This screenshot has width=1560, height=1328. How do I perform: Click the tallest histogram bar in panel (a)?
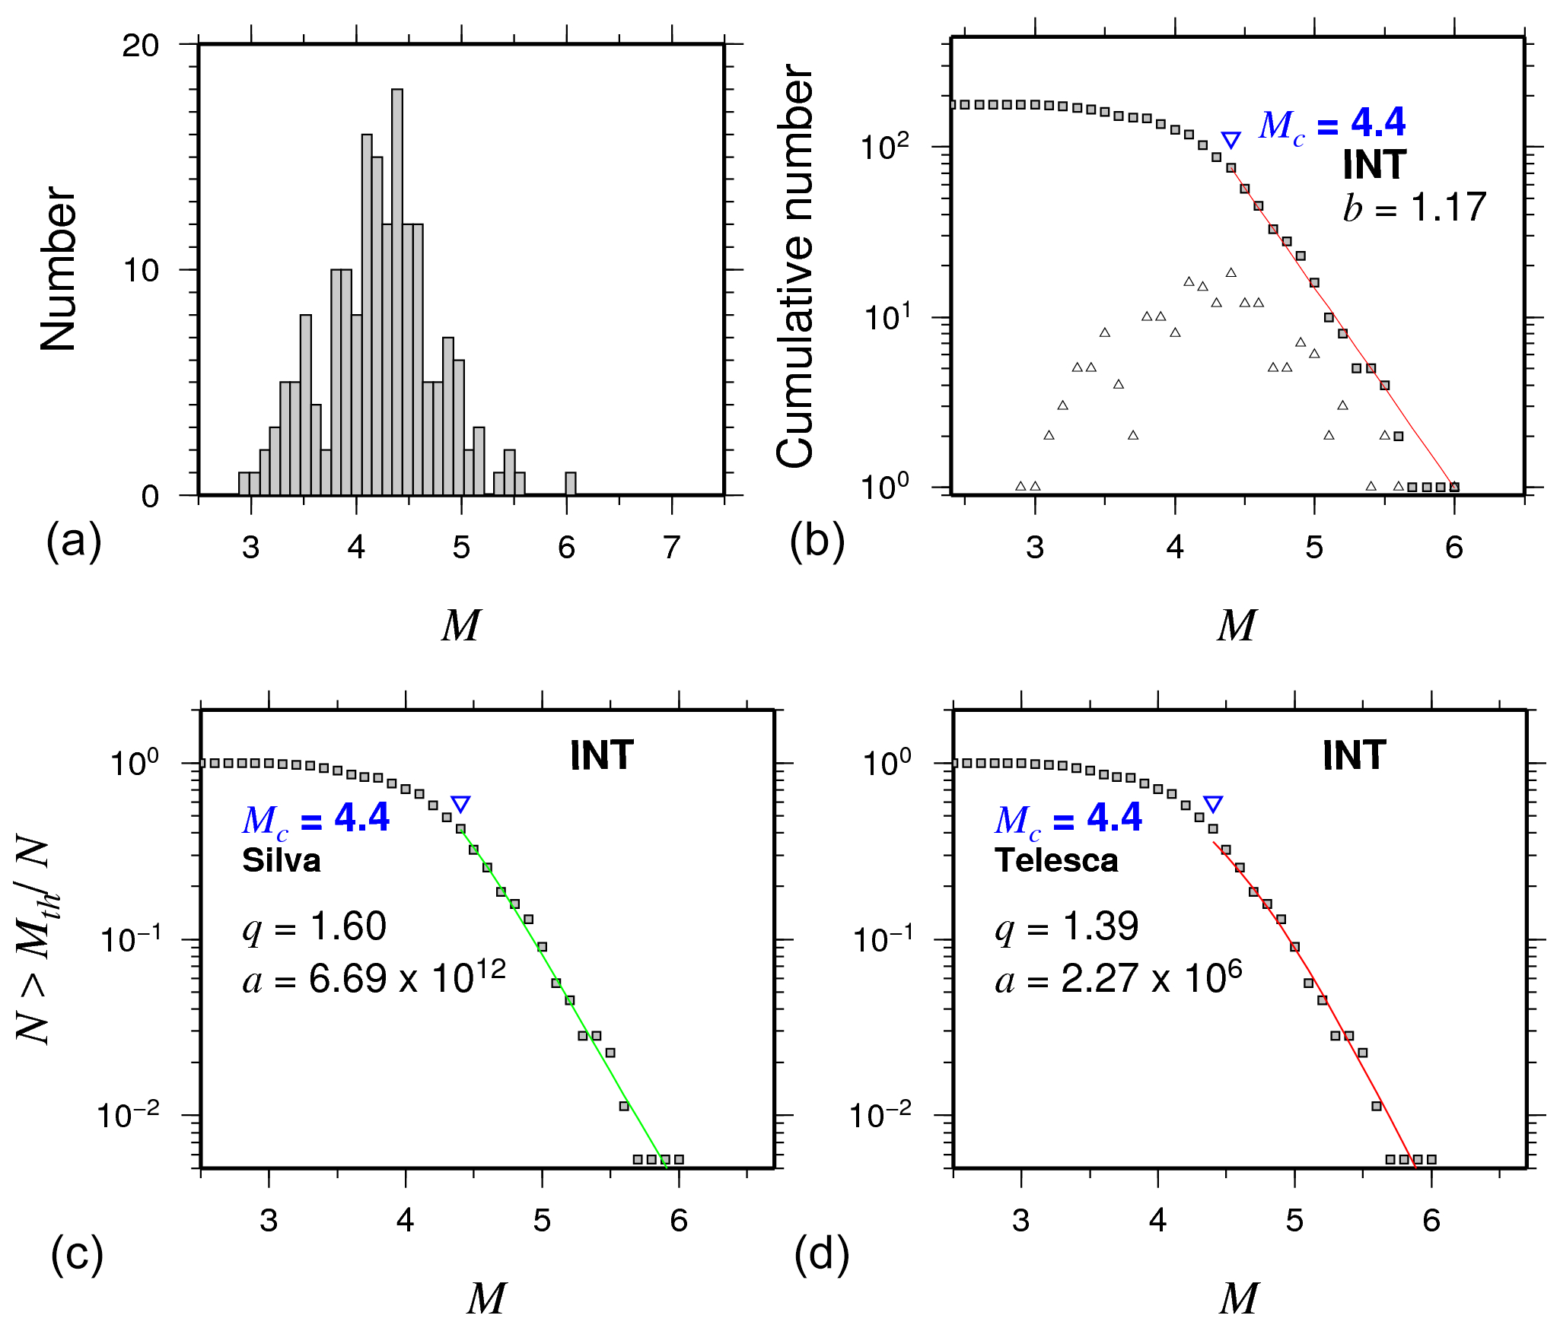397,292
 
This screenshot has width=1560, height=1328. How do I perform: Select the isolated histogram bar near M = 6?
571,484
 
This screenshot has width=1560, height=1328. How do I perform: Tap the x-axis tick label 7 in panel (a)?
670,548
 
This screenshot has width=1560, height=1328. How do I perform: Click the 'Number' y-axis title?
59,269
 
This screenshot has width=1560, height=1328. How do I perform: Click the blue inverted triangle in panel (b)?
1230,140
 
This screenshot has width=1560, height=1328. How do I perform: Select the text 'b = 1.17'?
1414,208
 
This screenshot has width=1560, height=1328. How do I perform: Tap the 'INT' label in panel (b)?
1374,165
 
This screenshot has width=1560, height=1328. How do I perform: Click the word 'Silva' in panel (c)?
282,860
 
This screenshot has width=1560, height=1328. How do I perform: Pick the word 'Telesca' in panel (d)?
1056,860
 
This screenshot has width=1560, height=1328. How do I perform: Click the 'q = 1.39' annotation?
1066,927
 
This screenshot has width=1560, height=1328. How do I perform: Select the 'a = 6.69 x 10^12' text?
374,978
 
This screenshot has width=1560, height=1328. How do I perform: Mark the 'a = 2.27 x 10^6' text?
1118,978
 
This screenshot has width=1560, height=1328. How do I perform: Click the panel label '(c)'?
77,1254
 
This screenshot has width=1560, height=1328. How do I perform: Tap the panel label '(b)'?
817,542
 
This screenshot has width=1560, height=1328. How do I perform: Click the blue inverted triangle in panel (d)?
1213,805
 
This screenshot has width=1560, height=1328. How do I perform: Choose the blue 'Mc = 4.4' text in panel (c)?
316,819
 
